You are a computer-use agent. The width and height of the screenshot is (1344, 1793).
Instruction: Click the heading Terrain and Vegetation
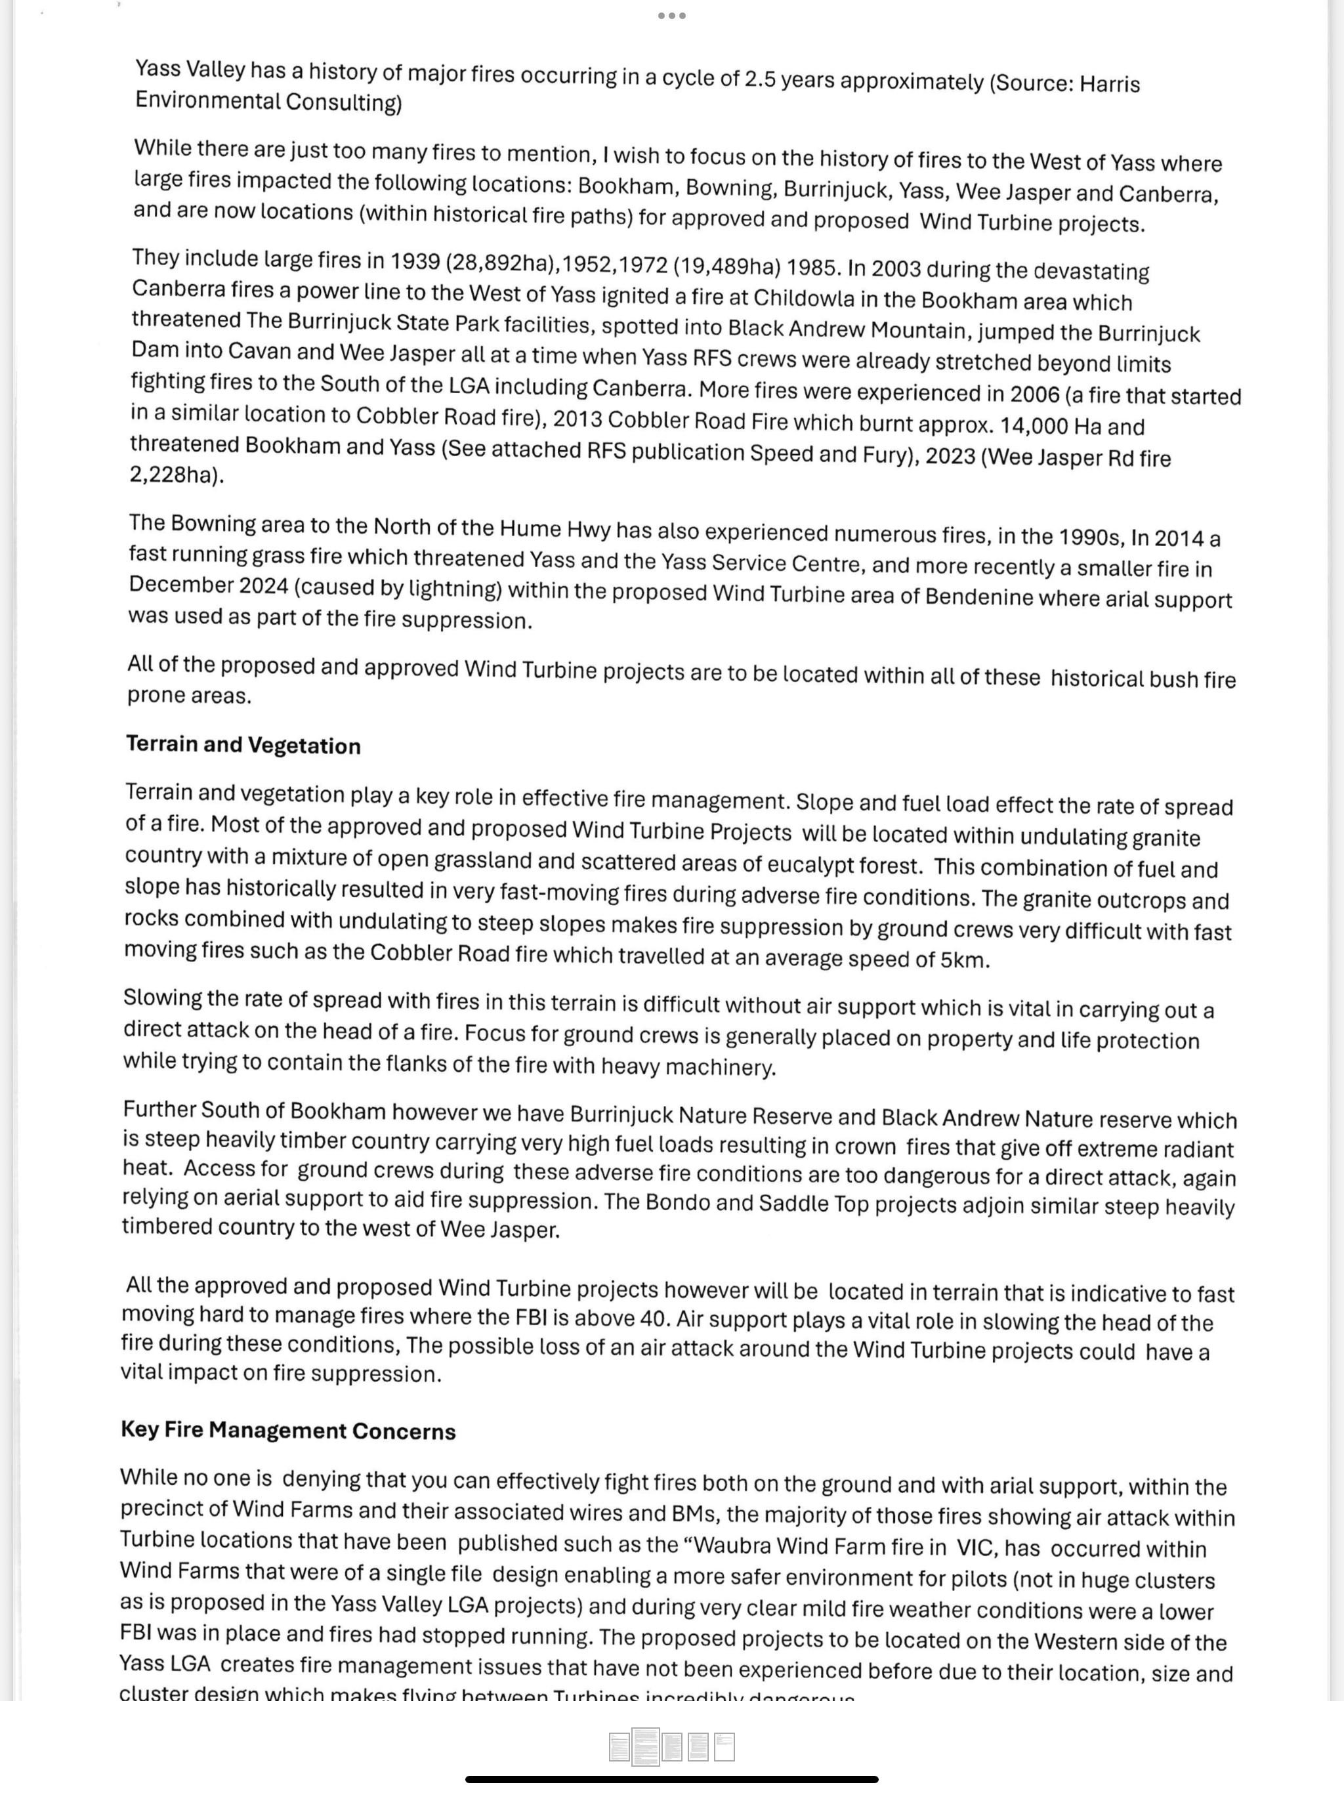(x=243, y=745)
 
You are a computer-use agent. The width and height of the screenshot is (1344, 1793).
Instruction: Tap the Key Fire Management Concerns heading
(x=288, y=1430)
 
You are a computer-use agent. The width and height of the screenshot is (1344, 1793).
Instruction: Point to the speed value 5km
(x=963, y=960)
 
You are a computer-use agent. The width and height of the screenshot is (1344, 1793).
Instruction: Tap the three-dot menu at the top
(x=672, y=15)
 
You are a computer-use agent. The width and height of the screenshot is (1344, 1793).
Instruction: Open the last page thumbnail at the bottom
(x=724, y=1748)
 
